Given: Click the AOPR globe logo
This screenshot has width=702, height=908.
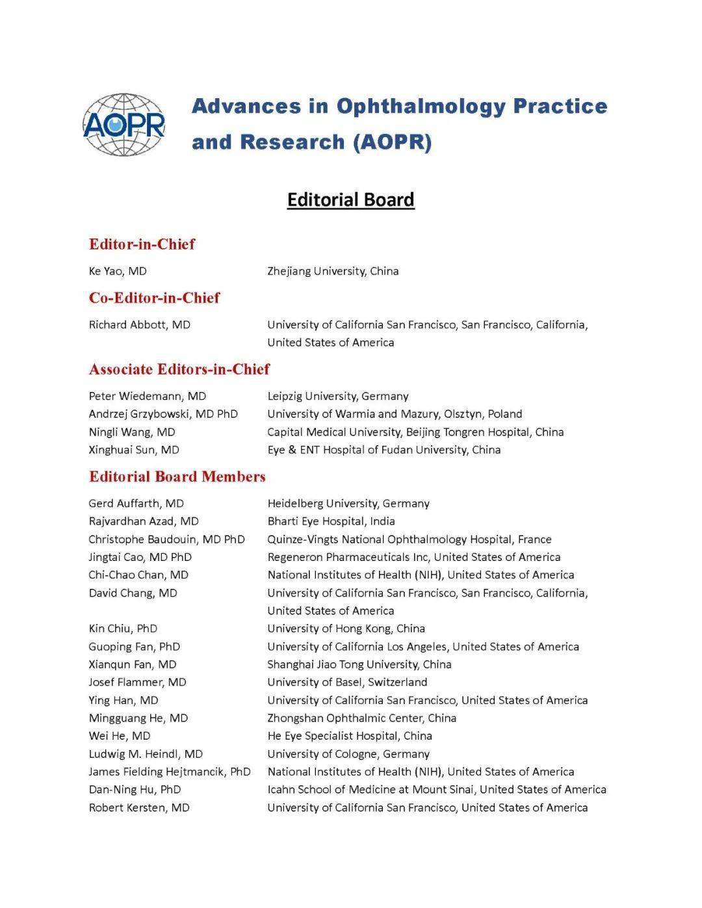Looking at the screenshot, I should (x=124, y=125).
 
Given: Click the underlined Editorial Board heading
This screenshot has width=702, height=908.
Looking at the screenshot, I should (x=350, y=200).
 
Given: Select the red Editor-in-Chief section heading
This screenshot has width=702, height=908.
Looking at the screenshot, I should (x=142, y=244).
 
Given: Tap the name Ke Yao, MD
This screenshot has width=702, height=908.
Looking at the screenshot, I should (x=118, y=271).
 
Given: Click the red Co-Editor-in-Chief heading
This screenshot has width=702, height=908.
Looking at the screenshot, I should (x=154, y=298).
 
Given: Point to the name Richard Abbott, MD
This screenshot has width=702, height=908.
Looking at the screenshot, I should (x=139, y=324).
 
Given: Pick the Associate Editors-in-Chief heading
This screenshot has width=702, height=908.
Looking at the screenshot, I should (x=179, y=369).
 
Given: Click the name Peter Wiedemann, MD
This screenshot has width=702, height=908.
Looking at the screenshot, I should (x=147, y=396).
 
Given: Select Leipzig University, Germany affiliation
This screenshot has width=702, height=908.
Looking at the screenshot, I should (x=338, y=396).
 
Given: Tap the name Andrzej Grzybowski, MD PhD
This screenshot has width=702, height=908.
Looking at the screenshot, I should (x=163, y=414).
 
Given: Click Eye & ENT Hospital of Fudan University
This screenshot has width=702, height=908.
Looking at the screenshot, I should (x=383, y=450).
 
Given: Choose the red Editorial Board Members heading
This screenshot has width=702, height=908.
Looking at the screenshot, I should (x=177, y=476).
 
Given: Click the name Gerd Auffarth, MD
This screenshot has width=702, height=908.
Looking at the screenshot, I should (x=136, y=503).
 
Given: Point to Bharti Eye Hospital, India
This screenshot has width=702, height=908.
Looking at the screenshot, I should (x=331, y=521).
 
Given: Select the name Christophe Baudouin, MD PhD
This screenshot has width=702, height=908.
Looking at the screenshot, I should (x=166, y=539).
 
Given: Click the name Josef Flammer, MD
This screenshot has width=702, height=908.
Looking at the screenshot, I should (x=137, y=682).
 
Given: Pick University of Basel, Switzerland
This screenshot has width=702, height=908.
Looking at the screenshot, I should (x=347, y=682).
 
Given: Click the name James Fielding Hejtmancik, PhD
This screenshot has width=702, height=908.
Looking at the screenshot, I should (x=170, y=772).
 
